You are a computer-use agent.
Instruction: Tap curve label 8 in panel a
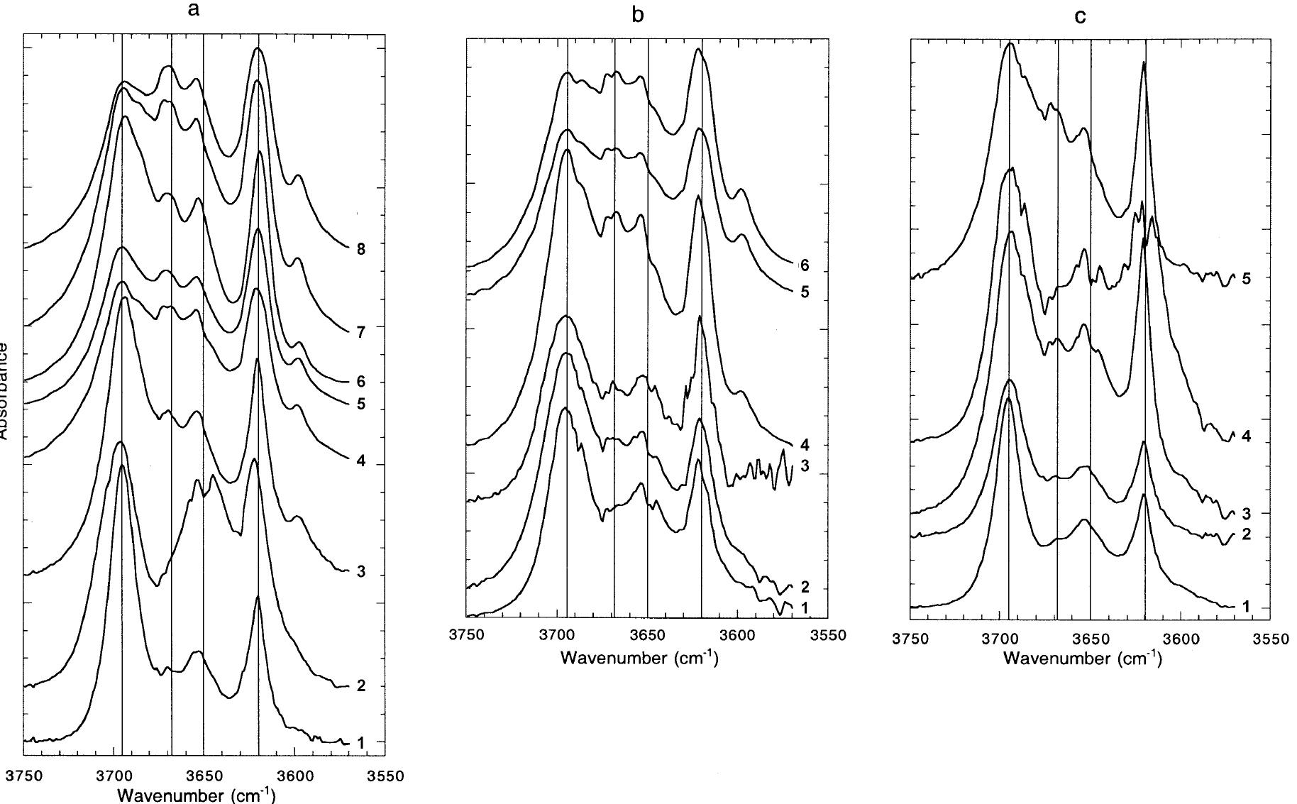(x=360, y=249)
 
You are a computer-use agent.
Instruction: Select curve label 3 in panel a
(x=360, y=572)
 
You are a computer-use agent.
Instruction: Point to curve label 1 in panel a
(x=360, y=743)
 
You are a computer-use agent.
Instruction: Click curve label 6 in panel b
(x=804, y=266)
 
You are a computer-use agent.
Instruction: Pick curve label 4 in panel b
(x=804, y=446)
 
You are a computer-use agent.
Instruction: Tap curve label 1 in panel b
(x=804, y=607)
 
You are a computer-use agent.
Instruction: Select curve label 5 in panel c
(x=1246, y=278)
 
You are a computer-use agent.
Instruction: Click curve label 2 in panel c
(x=1246, y=534)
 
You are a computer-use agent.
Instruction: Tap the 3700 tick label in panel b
(x=557, y=634)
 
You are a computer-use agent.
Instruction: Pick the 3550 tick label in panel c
(x=1270, y=639)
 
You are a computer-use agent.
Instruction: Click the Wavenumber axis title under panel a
(x=196, y=793)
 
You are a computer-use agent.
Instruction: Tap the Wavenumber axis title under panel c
(x=1082, y=659)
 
